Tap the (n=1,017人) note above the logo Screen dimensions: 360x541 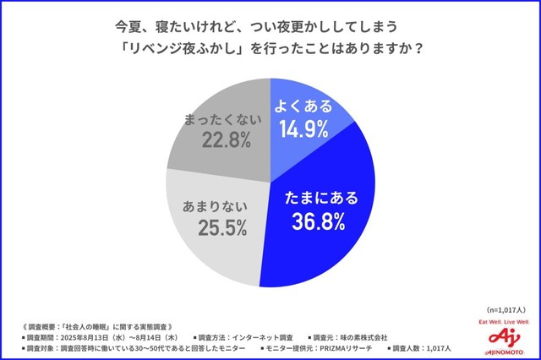click(x=503, y=309)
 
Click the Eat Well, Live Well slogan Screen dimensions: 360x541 click(x=504, y=322)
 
